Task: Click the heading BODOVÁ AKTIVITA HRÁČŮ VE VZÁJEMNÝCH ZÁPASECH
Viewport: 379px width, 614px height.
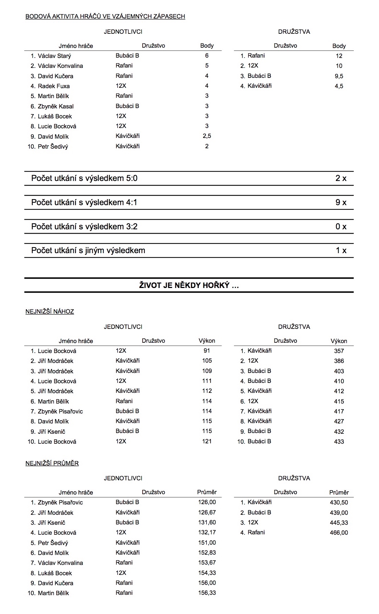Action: tap(105, 16)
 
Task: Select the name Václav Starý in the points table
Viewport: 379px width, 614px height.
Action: tap(54, 56)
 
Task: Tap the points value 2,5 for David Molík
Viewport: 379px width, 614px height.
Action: tap(207, 136)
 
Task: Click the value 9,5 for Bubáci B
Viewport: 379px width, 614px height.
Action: tap(338, 76)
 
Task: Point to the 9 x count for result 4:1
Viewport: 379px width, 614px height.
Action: tap(341, 203)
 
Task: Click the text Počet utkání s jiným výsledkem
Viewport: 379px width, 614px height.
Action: tap(88, 251)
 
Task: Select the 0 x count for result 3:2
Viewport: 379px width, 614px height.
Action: tap(341, 227)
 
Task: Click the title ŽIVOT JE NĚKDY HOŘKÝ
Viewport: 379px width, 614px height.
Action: tap(189, 285)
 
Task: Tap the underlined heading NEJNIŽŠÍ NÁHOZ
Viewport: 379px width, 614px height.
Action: tap(50, 312)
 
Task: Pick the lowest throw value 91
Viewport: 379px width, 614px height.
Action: tap(207, 351)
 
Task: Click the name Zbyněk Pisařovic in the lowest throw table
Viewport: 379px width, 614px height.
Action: tap(60, 411)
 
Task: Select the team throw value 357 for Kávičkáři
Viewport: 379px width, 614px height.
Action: tap(339, 351)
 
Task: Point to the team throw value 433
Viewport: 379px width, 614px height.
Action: tap(339, 442)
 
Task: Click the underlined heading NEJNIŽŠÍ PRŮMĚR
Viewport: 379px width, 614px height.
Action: tap(52, 463)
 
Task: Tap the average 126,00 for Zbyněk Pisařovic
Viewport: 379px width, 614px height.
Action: tap(207, 502)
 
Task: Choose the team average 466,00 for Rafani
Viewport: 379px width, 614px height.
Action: tap(339, 533)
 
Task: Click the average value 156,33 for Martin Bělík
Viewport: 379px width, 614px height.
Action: tap(207, 593)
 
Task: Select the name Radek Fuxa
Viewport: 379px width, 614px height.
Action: tap(54, 86)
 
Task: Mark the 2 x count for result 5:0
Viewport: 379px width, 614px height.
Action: tap(341, 178)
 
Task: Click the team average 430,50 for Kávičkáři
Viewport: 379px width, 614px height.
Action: tap(339, 502)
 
